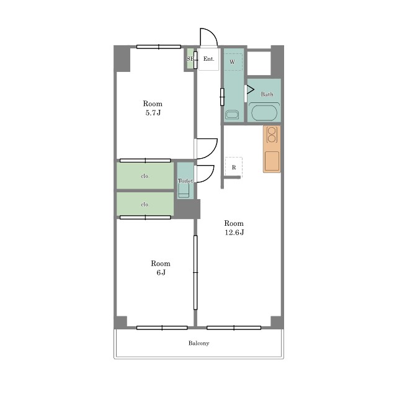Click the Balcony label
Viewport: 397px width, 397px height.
point(198,343)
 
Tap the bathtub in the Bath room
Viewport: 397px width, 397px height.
point(264,112)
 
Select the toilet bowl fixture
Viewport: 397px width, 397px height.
point(184,190)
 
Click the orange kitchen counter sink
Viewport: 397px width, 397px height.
point(272,161)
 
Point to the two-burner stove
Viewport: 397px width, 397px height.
point(272,135)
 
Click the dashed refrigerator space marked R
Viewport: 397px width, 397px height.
point(234,167)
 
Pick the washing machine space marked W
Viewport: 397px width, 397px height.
point(233,61)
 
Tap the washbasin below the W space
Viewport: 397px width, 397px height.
point(232,114)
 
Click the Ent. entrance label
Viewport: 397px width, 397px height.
point(209,59)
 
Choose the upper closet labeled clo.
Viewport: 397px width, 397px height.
point(145,176)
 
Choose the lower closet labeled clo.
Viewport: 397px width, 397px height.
point(145,204)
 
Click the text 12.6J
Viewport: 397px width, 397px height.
point(234,233)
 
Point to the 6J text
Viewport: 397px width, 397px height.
point(161,272)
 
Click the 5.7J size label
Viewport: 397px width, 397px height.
point(153,113)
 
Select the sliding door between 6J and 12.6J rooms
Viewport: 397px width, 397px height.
point(195,272)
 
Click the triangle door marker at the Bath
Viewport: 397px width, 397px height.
point(250,89)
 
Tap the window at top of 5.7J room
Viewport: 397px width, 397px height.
point(159,47)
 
